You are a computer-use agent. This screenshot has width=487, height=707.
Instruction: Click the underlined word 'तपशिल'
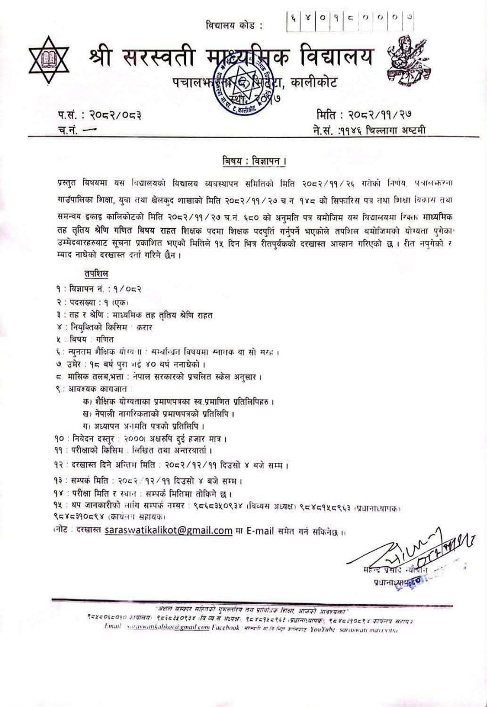[x=97, y=273]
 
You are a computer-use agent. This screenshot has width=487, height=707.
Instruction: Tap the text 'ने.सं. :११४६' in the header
[x=334, y=130]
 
